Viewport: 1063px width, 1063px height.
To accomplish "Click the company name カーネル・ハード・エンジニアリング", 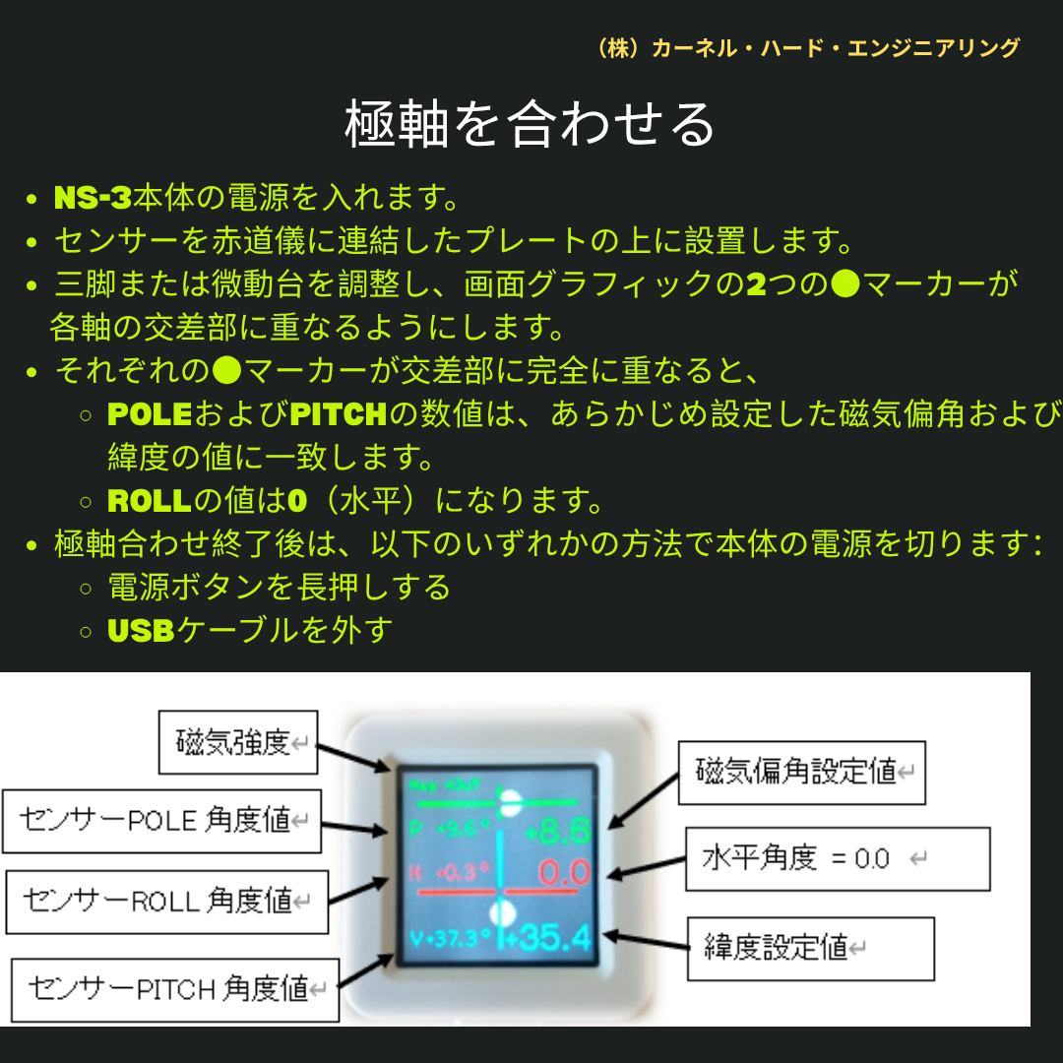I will click(807, 48).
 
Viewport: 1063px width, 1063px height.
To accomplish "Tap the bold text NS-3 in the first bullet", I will click(93, 198).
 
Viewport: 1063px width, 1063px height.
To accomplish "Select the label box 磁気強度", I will click(238, 742).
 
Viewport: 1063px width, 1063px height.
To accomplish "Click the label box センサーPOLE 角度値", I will click(161, 820).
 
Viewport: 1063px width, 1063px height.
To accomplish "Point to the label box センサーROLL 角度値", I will click(166, 900).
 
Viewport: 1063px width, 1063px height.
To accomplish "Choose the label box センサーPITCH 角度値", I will click(174, 988).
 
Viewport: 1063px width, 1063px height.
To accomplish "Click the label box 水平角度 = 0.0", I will click(837, 858).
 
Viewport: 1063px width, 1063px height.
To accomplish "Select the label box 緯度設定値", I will click(809, 948).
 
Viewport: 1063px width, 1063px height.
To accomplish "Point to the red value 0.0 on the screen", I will click(564, 873).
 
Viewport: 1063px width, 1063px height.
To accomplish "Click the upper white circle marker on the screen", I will click(510, 802).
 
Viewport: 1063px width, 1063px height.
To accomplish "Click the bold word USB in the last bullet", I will click(141, 631).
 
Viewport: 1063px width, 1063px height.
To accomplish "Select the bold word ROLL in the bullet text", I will click(148, 501).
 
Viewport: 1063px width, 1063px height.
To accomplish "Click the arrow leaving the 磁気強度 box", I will click(355, 754).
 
